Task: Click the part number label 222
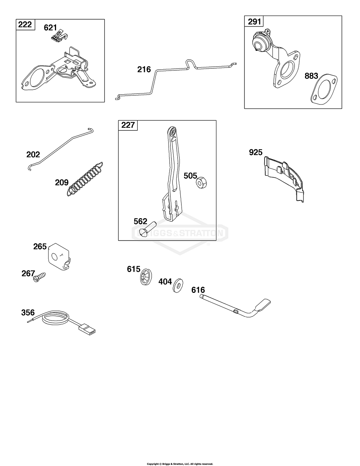[25, 25]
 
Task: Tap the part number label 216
[144, 69]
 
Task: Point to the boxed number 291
[254, 22]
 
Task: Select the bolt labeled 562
[148, 230]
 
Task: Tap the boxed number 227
[128, 125]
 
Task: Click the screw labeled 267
[40, 277]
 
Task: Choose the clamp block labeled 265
[59, 256]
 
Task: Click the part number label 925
[255, 152]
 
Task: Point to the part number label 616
[198, 290]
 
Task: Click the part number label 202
[33, 155]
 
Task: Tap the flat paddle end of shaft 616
[263, 304]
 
